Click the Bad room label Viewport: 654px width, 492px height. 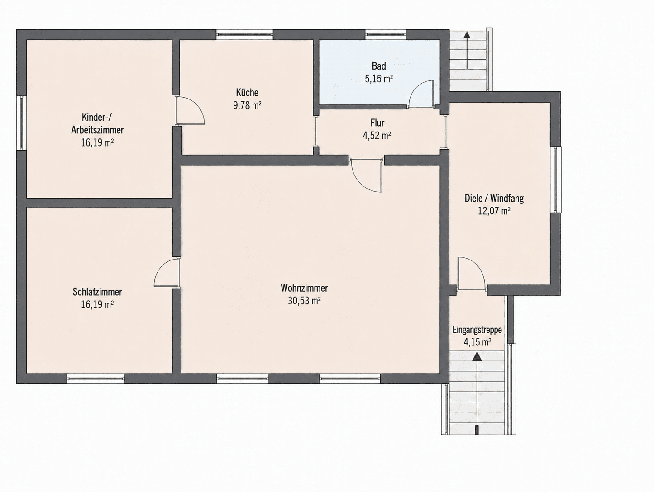point(379,66)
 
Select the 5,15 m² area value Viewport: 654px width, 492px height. point(379,79)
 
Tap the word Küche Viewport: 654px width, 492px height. point(247,93)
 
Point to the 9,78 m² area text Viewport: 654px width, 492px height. point(247,105)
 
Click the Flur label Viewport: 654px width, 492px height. point(377,123)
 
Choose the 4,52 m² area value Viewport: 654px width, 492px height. point(377,136)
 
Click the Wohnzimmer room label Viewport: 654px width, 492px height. point(304,288)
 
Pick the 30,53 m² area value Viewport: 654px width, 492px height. point(304,301)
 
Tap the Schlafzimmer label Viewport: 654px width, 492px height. point(97,292)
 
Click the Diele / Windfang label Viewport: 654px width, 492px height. point(494,198)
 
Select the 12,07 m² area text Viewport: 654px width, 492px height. point(494,211)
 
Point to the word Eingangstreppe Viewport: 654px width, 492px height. point(477,330)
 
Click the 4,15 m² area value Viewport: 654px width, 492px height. point(477,342)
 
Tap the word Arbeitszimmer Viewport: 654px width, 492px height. point(97,130)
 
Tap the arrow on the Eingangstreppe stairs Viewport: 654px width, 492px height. point(477,393)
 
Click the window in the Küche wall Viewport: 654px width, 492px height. point(244,34)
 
